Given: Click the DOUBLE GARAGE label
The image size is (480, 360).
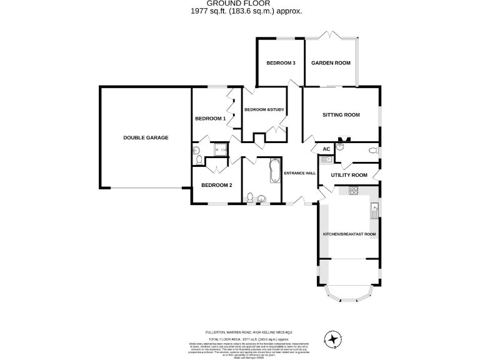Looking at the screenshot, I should tap(146, 137).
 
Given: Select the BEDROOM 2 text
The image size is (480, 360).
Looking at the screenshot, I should tap(216, 185).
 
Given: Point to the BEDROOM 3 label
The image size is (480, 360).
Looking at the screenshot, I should tap(281, 63).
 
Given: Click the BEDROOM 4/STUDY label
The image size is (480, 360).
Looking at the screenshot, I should tap(264, 110).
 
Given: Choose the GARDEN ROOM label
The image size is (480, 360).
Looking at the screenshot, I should tap(331, 63).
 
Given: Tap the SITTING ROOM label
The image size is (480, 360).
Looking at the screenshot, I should tap(341, 115).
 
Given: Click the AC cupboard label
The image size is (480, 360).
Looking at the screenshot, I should tap(326, 149).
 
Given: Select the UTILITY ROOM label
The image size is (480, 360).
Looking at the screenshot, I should tap(349, 175).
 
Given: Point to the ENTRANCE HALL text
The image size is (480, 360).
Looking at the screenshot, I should tap(300, 173).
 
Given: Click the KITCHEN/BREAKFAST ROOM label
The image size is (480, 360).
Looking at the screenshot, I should tap(349, 234).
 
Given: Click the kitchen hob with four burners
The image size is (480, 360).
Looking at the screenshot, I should tap(347, 192).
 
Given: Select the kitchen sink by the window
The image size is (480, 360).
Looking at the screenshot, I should tap(374, 211).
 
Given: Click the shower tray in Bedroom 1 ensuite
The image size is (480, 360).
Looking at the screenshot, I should tap(220, 149).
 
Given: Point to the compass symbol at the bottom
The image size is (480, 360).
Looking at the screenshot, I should tap(334, 339).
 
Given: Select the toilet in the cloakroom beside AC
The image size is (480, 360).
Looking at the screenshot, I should tap(373, 150).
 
